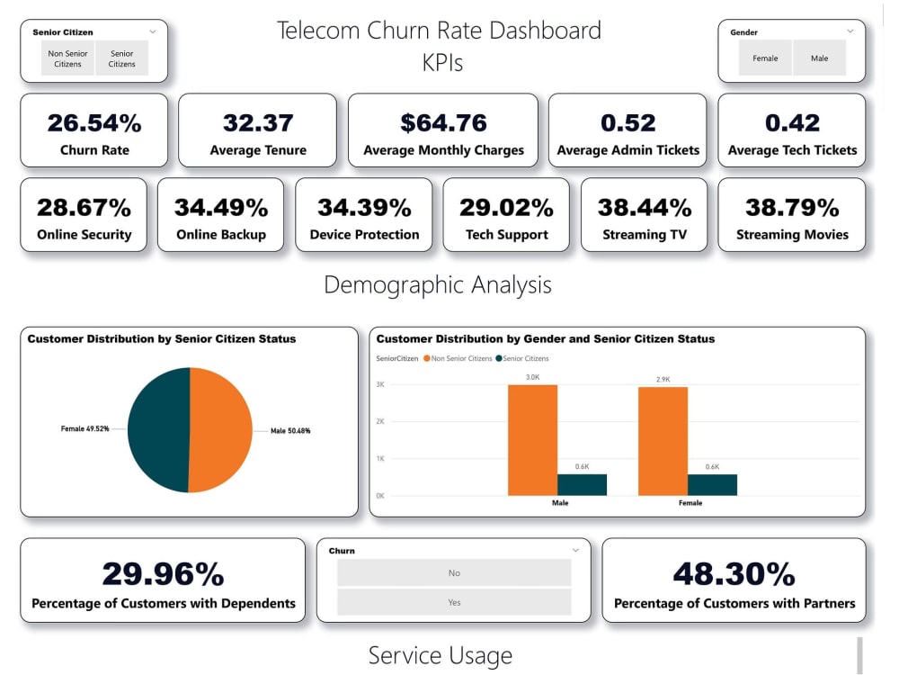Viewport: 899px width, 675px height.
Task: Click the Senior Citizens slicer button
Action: [x=122, y=58]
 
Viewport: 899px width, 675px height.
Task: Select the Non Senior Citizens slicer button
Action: [x=67, y=58]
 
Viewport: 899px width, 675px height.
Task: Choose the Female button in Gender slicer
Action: [x=765, y=58]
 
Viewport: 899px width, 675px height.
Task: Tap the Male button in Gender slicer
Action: [x=819, y=58]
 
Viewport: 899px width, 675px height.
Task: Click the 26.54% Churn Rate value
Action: [x=94, y=122]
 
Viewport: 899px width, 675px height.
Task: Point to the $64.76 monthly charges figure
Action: [x=443, y=122]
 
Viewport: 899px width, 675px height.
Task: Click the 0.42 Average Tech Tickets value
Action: [x=792, y=122]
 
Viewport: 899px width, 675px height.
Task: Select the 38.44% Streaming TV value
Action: [x=645, y=207]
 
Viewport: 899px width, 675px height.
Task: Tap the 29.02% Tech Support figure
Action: [x=506, y=207]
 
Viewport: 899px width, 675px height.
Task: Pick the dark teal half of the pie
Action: [x=158, y=430]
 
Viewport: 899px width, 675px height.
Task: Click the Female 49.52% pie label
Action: [x=85, y=428]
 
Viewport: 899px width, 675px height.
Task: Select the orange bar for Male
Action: [x=532, y=440]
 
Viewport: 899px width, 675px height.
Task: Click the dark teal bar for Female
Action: [x=712, y=485]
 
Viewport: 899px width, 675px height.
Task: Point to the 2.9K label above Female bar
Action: [x=663, y=380]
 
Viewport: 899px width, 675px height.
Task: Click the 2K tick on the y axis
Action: [x=380, y=421]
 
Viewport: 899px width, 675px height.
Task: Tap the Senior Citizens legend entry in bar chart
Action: [x=522, y=358]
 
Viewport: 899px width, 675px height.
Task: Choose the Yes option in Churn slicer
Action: [x=454, y=602]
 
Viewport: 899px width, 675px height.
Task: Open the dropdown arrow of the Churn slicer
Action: [x=575, y=551]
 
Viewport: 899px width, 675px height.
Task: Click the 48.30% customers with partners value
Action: [x=734, y=573]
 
